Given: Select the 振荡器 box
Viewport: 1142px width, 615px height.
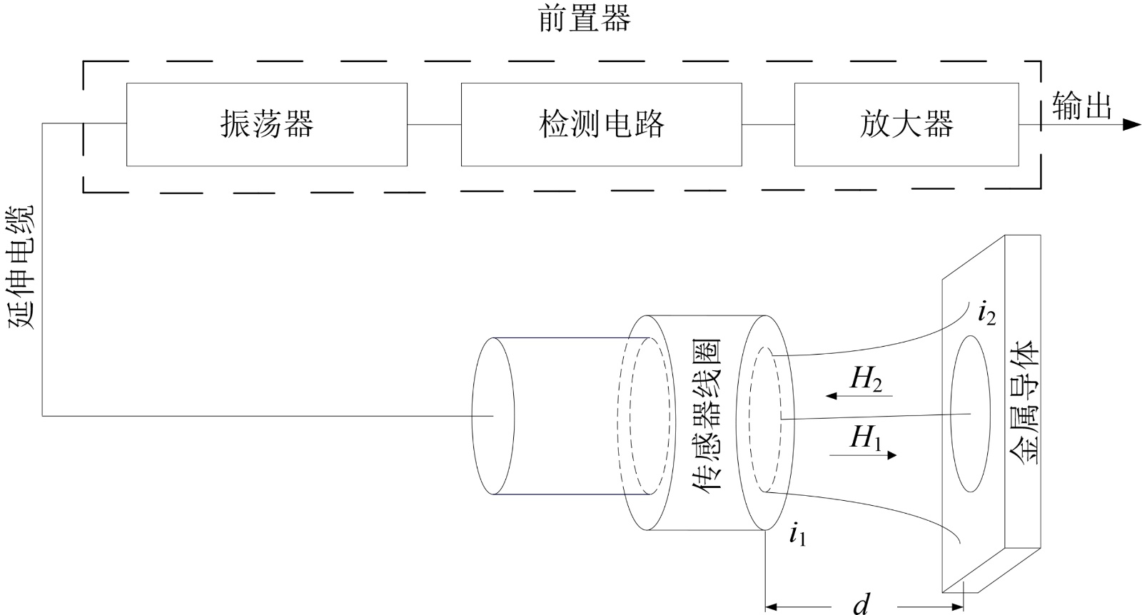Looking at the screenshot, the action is pos(267,124).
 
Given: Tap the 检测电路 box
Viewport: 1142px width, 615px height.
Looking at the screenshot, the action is pos(602,124).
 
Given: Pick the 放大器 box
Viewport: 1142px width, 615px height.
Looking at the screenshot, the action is pos(906,124).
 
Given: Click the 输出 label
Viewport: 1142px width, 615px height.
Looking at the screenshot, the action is pos(1081,106).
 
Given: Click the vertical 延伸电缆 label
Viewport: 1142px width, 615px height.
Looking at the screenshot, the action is pos(21,267).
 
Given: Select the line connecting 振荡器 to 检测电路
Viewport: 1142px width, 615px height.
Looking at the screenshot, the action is pos(435,124).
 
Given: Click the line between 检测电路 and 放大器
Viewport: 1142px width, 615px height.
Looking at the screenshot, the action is pos(768,124).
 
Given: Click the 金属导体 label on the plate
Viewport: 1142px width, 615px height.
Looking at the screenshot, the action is pos(1024,402).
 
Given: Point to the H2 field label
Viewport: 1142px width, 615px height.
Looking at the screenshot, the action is pos(866,380).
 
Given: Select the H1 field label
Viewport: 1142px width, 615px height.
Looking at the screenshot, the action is pos(865,437).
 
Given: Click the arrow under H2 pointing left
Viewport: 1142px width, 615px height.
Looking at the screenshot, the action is pos(859,396).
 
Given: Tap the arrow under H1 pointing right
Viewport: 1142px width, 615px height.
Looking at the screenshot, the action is pos(863,454).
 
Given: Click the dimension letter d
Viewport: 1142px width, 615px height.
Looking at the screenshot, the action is pos(861,604).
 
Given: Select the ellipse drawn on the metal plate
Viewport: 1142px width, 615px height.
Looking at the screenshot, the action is pos(951,413).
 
